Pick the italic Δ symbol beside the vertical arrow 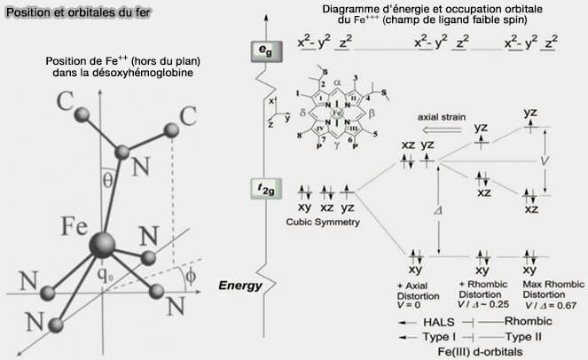coord(428,211)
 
